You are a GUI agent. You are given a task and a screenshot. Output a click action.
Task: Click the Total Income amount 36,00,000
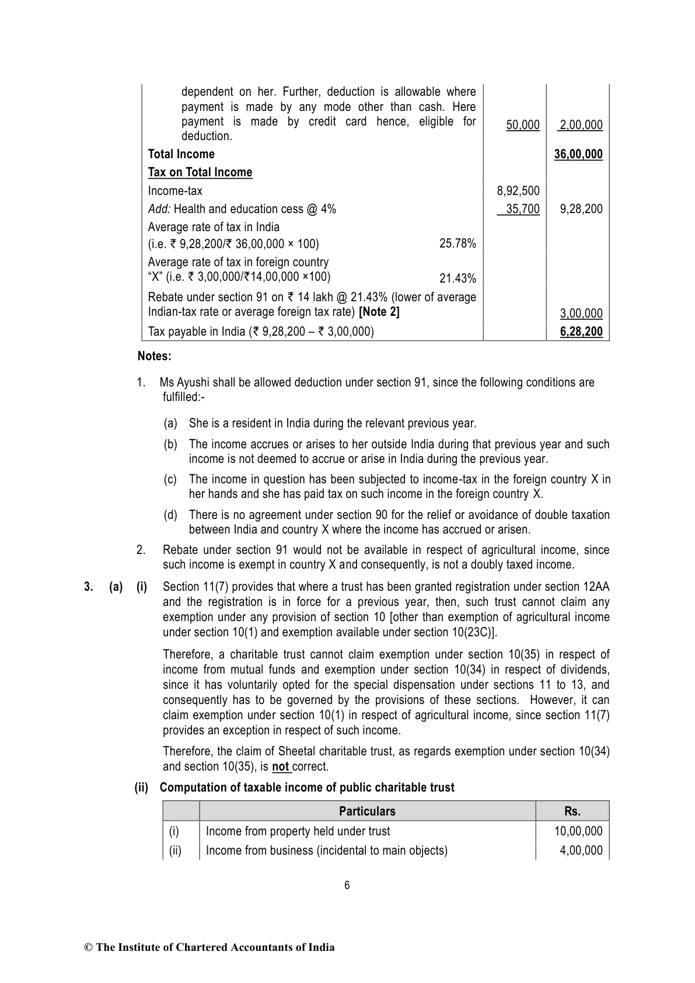(578, 154)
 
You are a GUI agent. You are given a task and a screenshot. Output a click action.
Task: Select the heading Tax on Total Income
(200, 172)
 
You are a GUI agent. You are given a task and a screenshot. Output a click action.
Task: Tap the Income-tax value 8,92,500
(518, 191)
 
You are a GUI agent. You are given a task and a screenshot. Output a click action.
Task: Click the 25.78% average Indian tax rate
(457, 243)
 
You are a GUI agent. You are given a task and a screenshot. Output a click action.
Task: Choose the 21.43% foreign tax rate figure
(457, 278)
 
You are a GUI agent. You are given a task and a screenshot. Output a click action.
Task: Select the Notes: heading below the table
(155, 356)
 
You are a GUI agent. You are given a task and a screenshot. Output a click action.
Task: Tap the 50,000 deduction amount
(523, 125)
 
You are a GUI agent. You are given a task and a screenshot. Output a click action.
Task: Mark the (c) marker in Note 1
(170, 480)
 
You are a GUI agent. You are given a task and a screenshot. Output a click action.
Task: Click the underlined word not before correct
(281, 766)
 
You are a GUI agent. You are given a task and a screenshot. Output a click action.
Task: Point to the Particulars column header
(367, 811)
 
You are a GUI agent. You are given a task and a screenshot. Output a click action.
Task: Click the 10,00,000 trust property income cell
(578, 831)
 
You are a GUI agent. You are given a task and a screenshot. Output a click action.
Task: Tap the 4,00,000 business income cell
(581, 850)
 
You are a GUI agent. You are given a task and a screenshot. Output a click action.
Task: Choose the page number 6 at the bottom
(347, 886)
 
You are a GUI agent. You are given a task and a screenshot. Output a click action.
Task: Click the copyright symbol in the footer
(89, 947)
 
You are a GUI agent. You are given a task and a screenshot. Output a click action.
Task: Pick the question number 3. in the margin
(89, 587)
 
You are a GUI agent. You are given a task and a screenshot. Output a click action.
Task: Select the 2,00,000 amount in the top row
(581, 125)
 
